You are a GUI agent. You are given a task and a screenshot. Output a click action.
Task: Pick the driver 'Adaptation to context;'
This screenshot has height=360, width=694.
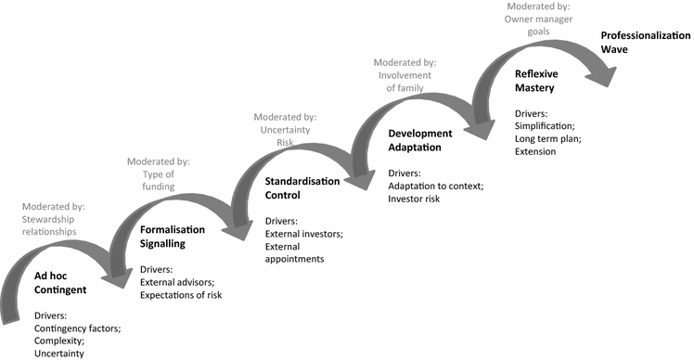tap(436, 186)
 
